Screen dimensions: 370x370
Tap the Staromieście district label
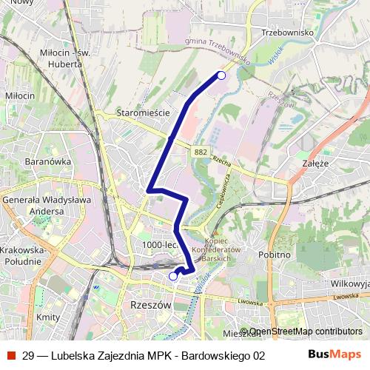click(x=143, y=112)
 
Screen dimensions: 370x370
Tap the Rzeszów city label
click(x=150, y=305)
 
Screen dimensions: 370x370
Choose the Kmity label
click(x=47, y=317)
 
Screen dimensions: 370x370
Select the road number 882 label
click(x=201, y=152)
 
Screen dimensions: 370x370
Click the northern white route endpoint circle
click(x=221, y=75)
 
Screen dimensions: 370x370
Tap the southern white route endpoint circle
click(x=173, y=276)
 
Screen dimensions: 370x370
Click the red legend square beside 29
click(x=10, y=354)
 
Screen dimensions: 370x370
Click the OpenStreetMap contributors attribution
click(x=305, y=331)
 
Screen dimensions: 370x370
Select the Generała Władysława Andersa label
click(x=46, y=205)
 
